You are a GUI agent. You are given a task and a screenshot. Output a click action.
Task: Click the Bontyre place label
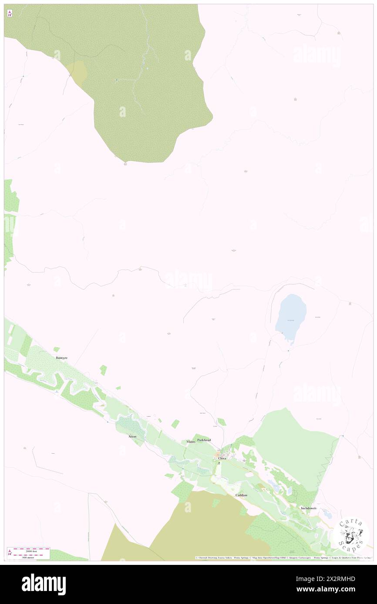click(x=61, y=358)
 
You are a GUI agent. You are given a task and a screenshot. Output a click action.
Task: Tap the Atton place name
click(x=132, y=436)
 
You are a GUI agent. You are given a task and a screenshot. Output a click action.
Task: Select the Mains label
click(x=191, y=441)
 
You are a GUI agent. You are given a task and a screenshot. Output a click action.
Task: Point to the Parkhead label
click(x=204, y=440)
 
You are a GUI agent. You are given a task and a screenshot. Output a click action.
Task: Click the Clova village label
click(x=222, y=458)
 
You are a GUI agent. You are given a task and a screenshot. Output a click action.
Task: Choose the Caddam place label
click(x=241, y=495)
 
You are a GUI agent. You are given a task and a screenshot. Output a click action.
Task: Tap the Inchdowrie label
click(x=308, y=508)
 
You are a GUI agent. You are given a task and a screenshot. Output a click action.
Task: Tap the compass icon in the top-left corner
click(x=10, y=13)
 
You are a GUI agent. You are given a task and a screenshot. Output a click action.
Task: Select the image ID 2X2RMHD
click(x=336, y=579)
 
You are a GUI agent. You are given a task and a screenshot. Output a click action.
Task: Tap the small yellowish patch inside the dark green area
click(x=77, y=70)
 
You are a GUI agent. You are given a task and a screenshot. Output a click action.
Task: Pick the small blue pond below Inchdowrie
click(x=327, y=515)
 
